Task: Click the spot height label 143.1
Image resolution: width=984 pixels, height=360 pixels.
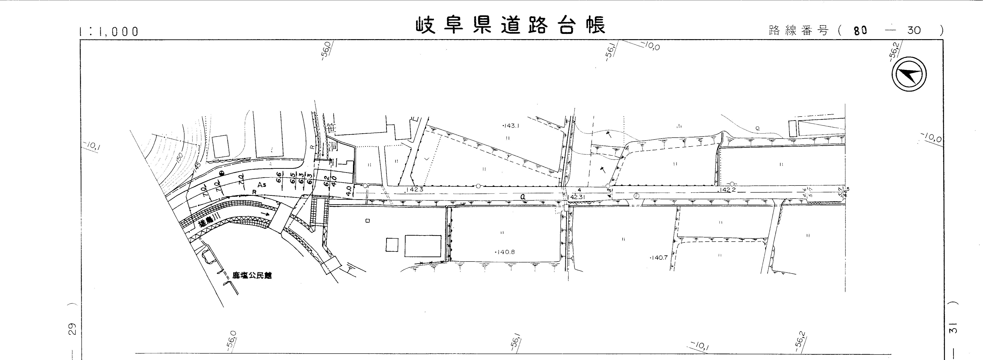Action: tap(511, 125)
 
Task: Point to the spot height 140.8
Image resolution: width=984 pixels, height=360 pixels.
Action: tap(505, 252)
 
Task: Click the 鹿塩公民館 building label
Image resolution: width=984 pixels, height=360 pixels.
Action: tap(252, 275)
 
